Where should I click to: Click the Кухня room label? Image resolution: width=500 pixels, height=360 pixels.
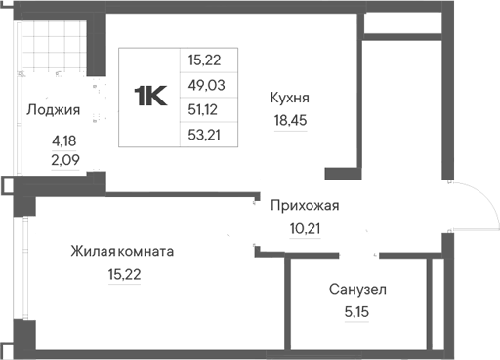tap(290, 98)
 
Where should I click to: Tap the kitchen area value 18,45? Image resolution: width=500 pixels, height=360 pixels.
tap(290, 120)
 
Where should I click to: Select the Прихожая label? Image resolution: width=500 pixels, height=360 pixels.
tap(305, 206)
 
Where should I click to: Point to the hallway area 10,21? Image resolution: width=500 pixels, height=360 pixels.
tap(305, 229)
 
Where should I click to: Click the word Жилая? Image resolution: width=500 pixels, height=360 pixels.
tap(93, 252)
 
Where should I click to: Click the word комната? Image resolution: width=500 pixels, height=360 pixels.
tap(146, 252)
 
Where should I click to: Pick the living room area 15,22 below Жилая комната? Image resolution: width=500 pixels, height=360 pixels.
tap(124, 275)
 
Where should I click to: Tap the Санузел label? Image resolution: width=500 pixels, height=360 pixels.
tap(357, 290)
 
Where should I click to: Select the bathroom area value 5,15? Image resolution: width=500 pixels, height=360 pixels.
tap(356, 312)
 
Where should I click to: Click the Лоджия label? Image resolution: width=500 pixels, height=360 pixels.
tap(54, 110)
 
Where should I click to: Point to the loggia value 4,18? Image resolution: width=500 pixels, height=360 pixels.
tap(64, 141)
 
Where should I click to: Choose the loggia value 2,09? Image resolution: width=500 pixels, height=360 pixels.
tap(65, 160)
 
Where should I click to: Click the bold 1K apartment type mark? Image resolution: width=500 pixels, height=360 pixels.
tap(150, 96)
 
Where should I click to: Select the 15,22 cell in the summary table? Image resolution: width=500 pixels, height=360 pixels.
tap(204, 60)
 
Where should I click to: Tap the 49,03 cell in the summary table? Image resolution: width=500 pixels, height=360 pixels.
tap(206, 85)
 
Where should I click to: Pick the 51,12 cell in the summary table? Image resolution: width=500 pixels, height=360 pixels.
tap(202, 110)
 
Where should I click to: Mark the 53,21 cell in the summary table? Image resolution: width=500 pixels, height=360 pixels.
tap(204, 135)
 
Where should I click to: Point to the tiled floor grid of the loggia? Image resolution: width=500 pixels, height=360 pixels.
tap(54, 46)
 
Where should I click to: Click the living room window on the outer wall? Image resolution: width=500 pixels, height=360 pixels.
tap(25, 267)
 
